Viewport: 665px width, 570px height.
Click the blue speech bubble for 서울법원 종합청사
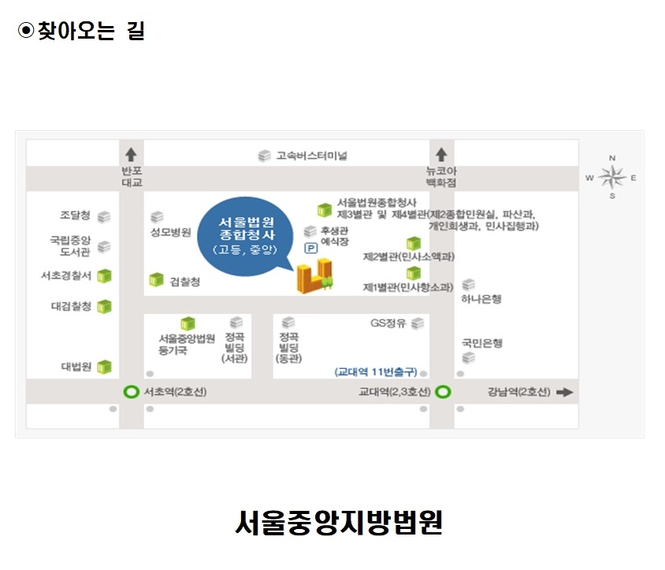pyautogui.click(x=246, y=236)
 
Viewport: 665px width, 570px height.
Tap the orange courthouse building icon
pyautogui.click(x=314, y=276)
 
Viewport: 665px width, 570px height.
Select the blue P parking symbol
pyautogui.click(x=311, y=248)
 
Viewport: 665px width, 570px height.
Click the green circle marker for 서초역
pyautogui.click(x=131, y=391)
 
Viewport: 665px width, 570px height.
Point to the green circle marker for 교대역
pyautogui.click(x=443, y=391)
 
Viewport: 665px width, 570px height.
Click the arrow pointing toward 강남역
pyautogui.click(x=564, y=392)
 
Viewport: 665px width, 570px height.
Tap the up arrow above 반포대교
pyautogui.click(x=131, y=155)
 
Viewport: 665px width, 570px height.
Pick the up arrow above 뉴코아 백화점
pyautogui.click(x=441, y=155)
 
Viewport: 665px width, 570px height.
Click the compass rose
pyautogui.click(x=611, y=177)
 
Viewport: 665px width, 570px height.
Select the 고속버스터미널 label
pyautogui.click(x=311, y=156)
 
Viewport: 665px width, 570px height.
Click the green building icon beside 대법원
pyautogui.click(x=104, y=367)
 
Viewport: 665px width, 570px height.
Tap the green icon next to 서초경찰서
pyautogui.click(x=104, y=276)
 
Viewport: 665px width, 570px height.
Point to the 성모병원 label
pyautogui.click(x=171, y=233)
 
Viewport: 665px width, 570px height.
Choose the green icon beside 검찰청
pyautogui.click(x=157, y=280)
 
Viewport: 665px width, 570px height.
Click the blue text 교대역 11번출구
pyautogui.click(x=376, y=372)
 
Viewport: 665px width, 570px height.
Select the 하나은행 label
pyautogui.click(x=481, y=300)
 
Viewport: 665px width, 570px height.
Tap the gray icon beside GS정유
pyautogui.click(x=418, y=323)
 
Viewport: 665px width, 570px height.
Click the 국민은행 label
pyautogui.click(x=482, y=344)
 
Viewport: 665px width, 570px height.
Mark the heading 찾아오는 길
pyautogui.click(x=91, y=31)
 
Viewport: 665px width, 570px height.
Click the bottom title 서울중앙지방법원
pyautogui.click(x=339, y=522)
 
